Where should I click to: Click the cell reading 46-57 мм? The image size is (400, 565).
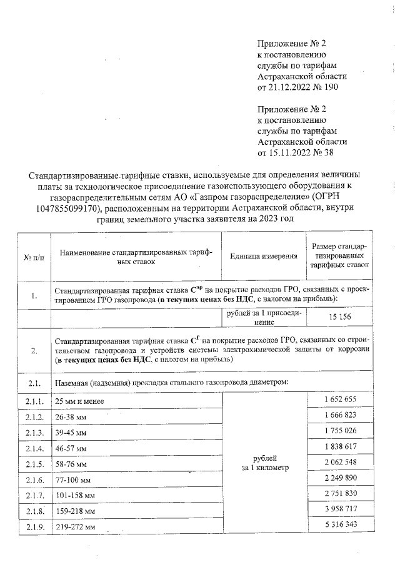[x=71, y=448]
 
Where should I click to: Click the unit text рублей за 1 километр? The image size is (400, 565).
[x=265, y=463]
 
